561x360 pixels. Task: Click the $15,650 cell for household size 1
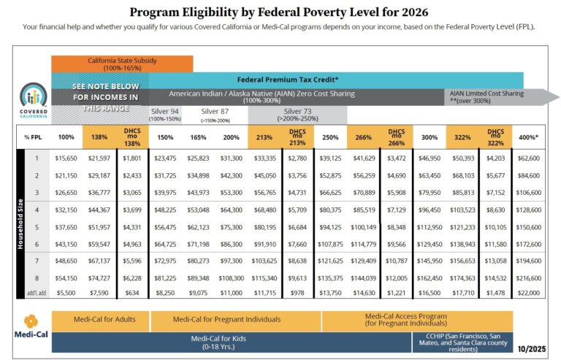coord(66,157)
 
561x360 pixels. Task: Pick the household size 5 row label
coord(34,226)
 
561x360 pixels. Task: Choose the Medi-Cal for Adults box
coord(101,320)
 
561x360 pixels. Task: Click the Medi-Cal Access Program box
coord(417,320)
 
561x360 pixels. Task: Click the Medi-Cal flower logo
coord(31,321)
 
